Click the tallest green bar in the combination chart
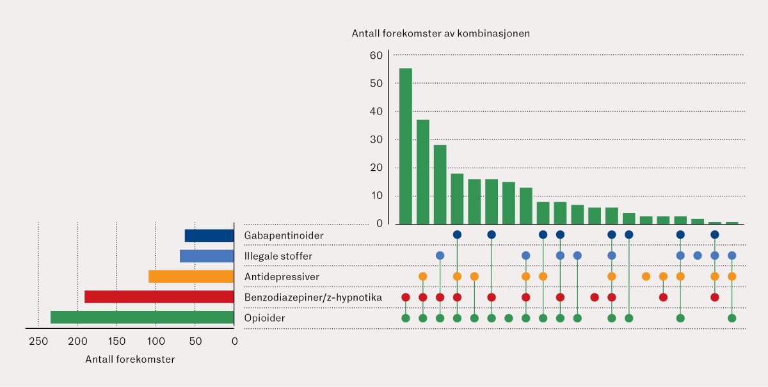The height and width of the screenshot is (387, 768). point(405,146)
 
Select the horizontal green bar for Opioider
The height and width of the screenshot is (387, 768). point(142,317)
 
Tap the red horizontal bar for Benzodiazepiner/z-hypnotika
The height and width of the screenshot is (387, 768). point(159,297)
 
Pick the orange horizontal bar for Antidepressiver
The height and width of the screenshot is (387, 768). point(191,276)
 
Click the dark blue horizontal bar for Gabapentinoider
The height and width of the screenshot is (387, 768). point(209,235)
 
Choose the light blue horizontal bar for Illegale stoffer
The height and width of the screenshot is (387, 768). point(207,256)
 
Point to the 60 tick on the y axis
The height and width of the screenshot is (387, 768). point(376,56)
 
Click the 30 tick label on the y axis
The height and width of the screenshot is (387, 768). point(376,139)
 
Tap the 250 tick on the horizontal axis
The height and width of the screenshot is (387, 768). point(38,341)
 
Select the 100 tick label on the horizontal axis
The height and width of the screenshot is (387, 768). point(156,341)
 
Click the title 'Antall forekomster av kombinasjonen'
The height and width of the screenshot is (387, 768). point(440,33)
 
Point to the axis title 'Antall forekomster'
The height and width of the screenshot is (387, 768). point(130,359)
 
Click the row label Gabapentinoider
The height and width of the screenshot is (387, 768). point(284,235)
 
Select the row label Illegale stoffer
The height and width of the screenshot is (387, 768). point(278,256)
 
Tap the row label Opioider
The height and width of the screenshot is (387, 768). point(264,318)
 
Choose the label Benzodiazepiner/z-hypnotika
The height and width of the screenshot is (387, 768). point(313,297)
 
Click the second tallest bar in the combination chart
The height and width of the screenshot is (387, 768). point(422,171)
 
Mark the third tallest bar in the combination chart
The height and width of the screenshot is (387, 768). point(440,184)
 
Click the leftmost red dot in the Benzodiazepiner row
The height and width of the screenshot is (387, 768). point(405,297)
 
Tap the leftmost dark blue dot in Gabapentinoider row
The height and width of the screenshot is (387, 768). point(457,235)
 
